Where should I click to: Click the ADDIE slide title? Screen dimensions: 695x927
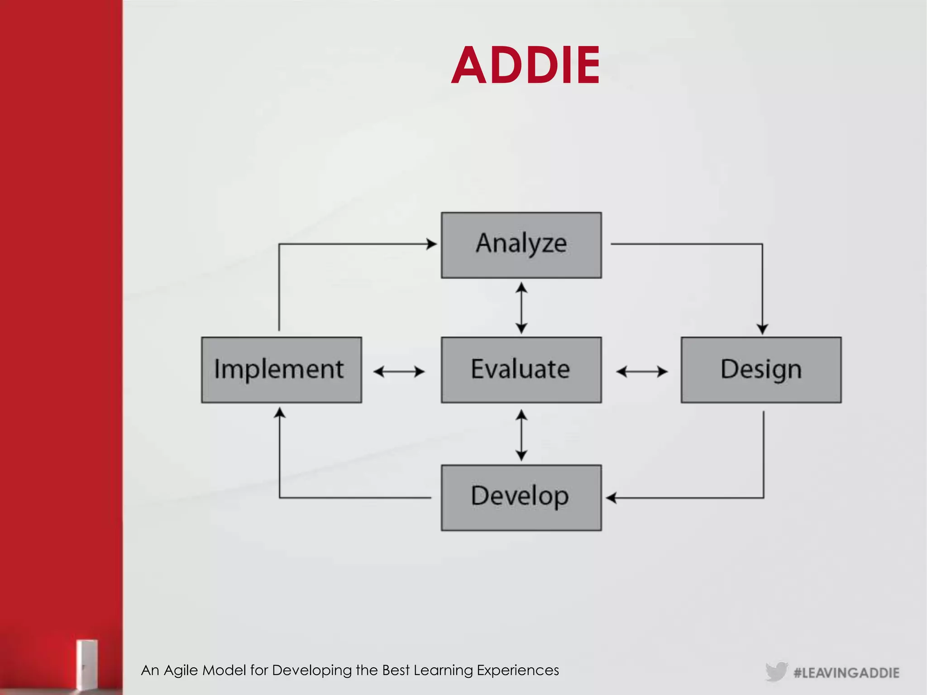click(526, 66)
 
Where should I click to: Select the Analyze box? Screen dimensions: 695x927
click(521, 245)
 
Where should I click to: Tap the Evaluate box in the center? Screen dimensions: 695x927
click(521, 370)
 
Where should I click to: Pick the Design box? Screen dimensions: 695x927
click(761, 370)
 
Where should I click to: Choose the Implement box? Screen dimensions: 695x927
click(282, 370)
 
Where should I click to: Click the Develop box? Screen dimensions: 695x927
click(521, 497)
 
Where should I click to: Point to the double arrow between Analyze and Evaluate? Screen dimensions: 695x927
click(521, 308)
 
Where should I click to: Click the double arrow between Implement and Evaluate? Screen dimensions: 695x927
click(399, 372)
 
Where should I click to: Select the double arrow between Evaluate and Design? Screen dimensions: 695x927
click(642, 372)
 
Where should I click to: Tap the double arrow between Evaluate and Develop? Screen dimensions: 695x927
click(521, 435)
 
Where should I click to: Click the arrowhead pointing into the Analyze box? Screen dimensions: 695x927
click(431, 244)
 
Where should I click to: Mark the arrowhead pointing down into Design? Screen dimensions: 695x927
click(762, 329)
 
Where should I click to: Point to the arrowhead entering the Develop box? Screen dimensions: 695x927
click(612, 498)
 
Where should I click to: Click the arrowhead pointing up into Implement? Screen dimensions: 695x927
click(280, 413)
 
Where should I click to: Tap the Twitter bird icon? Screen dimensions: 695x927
click(776, 671)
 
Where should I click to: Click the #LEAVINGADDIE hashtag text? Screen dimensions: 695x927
click(846, 673)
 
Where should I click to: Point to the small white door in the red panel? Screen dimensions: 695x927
click(86, 665)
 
